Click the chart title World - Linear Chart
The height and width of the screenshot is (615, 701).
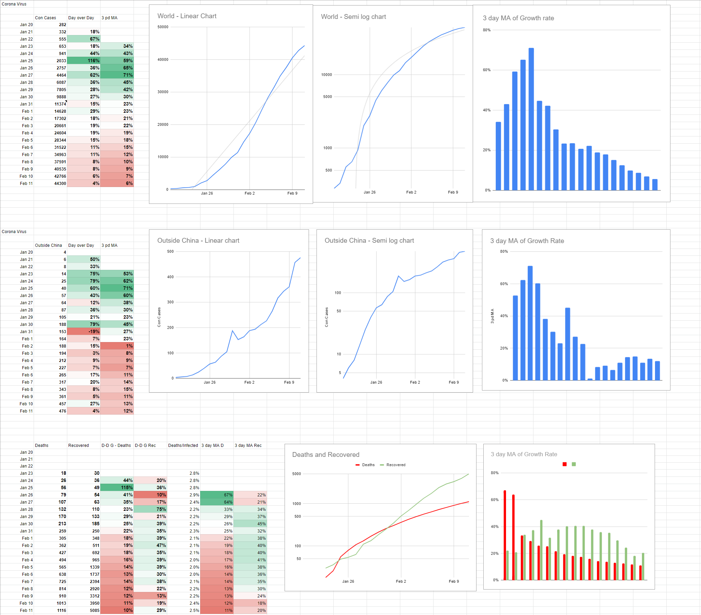(x=187, y=16)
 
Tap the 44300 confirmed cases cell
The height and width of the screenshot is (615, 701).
(x=50, y=183)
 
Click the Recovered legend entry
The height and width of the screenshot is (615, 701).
(x=393, y=465)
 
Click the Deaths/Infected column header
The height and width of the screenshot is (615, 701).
(x=183, y=445)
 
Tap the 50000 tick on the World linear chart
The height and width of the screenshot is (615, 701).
(x=163, y=27)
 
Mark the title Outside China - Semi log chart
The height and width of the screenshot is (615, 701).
(x=369, y=241)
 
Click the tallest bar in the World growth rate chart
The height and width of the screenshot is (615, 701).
(x=531, y=119)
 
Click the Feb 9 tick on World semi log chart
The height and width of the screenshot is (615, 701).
(x=453, y=192)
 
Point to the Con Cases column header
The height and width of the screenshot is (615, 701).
(x=45, y=18)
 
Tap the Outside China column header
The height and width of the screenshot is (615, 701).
(x=48, y=245)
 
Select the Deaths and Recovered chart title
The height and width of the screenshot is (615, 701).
(x=325, y=454)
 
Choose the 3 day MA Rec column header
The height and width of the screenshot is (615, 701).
(x=248, y=445)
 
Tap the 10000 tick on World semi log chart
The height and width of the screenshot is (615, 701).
(x=326, y=75)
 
